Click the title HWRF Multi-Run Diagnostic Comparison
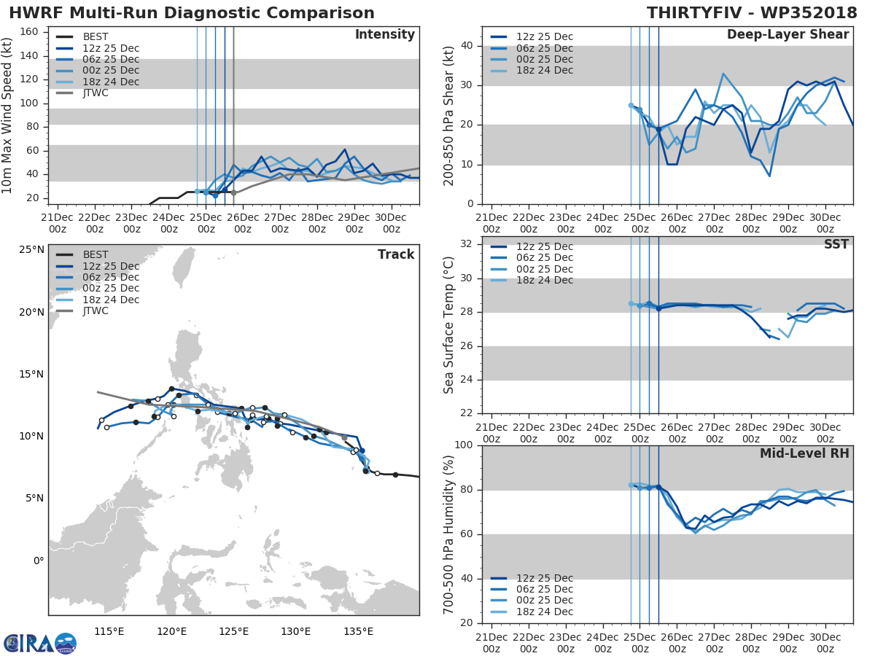(192, 13)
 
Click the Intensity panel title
(384, 35)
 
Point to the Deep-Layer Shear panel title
(787, 35)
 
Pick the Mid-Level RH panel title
(804, 453)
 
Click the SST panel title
(836, 244)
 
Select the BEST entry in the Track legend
(96, 255)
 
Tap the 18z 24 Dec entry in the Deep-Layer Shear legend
(544, 71)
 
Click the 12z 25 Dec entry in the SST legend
(544, 246)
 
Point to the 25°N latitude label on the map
(31, 250)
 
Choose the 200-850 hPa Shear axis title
(450, 116)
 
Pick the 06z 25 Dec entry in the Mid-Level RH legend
(544, 590)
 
